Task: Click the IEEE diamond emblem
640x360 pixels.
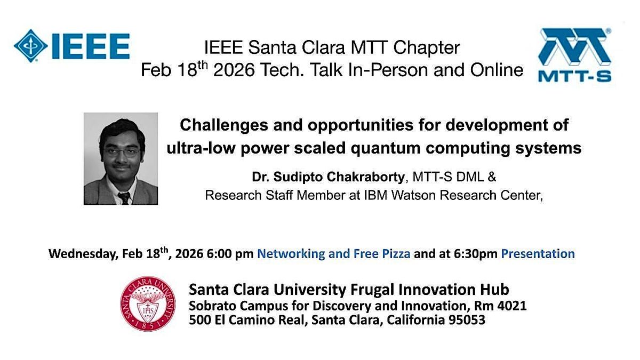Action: (30, 46)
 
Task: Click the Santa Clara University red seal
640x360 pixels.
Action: (148, 303)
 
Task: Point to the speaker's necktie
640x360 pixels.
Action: (124, 198)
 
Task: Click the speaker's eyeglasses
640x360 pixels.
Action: (122, 151)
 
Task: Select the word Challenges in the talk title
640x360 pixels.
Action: (223, 126)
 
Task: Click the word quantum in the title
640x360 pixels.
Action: (385, 149)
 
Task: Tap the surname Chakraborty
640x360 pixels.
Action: (365, 177)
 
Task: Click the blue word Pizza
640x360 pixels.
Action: (396, 254)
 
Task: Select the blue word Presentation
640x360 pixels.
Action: (538, 254)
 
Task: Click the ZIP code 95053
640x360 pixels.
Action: (467, 320)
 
